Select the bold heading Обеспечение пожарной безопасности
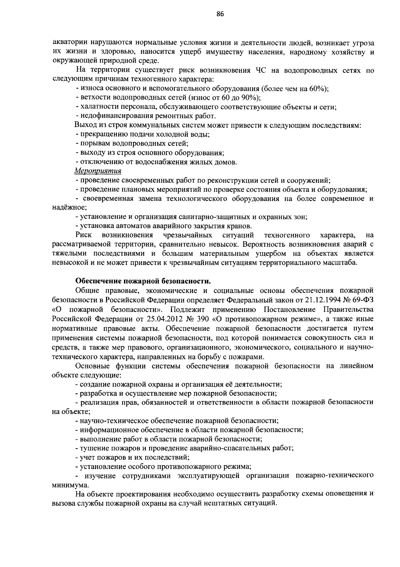pyautogui.click(x=143, y=281)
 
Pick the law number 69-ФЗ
pyautogui.click(x=362, y=300)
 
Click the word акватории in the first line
pyautogui.click(x=69, y=43)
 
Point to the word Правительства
pyautogui.click(x=351, y=309)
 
